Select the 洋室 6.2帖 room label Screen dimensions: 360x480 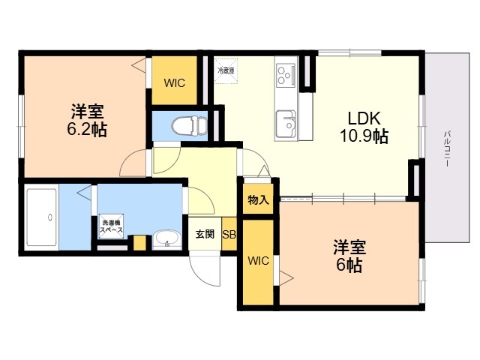88,120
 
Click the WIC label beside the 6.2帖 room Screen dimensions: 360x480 175,82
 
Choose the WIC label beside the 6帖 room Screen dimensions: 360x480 258,261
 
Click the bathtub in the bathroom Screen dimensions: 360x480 42,217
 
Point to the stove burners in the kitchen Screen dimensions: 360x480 286,74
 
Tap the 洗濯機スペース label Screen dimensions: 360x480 110,226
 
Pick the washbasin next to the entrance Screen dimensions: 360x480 166,241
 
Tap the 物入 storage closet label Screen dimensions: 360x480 258,200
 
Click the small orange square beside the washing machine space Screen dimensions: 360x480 139,243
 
